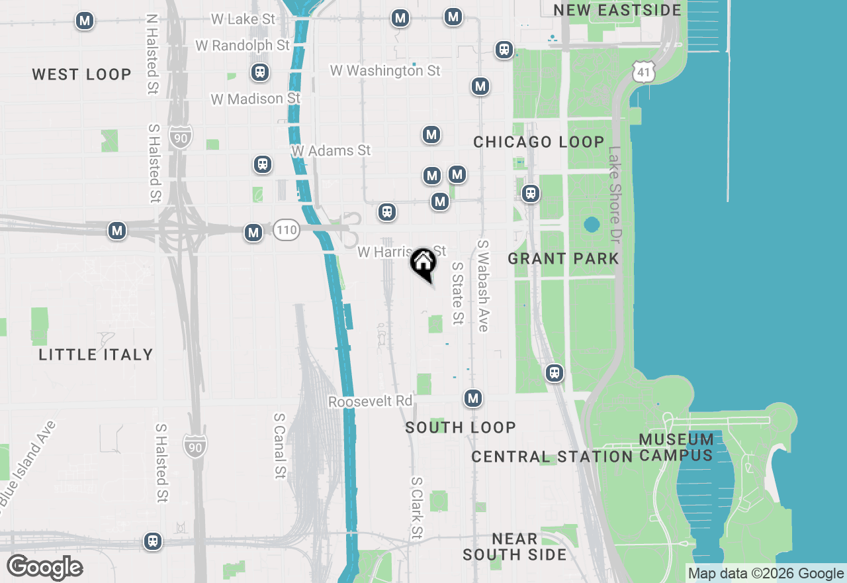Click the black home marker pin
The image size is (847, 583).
(x=423, y=264)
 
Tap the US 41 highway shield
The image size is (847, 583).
(x=644, y=72)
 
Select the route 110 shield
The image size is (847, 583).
(x=287, y=231)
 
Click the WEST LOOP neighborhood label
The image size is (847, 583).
(x=82, y=74)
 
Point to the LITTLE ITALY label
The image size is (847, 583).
(x=96, y=354)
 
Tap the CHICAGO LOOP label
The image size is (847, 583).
(x=539, y=142)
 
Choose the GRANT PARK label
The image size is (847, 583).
(x=563, y=258)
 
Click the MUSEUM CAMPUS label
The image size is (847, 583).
(x=676, y=447)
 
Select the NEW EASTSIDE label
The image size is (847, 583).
(x=617, y=10)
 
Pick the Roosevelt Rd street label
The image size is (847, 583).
(x=370, y=401)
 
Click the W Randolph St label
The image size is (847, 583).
(x=243, y=45)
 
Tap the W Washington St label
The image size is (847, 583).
(x=385, y=70)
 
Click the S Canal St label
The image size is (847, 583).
(x=280, y=445)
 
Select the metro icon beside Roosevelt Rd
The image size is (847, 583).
(x=472, y=398)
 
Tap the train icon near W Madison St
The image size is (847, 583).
(x=260, y=72)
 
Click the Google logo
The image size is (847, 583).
(x=44, y=568)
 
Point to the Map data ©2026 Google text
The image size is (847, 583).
(x=765, y=574)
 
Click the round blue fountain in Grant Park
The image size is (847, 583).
(x=592, y=225)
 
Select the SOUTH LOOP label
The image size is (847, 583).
(x=461, y=427)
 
